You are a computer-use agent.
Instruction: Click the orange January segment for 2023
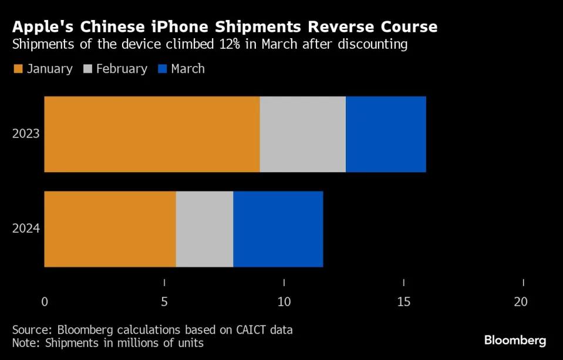click(151, 134)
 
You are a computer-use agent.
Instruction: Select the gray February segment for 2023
click(302, 134)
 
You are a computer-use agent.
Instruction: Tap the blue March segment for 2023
click(386, 134)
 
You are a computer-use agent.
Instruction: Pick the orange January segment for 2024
click(110, 229)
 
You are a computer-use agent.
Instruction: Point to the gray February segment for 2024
click(204, 229)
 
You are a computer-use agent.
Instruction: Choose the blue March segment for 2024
click(278, 229)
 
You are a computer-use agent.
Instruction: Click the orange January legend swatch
click(18, 69)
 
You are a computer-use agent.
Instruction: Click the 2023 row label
click(26, 134)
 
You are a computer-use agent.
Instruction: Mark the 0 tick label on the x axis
click(45, 302)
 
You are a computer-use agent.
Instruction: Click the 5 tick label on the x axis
click(164, 302)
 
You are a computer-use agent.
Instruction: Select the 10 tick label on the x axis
click(284, 302)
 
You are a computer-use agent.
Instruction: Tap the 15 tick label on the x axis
click(403, 302)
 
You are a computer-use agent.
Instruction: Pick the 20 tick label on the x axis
click(521, 302)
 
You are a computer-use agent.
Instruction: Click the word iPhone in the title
click(189, 27)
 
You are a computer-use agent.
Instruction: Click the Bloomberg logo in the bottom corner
click(515, 341)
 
